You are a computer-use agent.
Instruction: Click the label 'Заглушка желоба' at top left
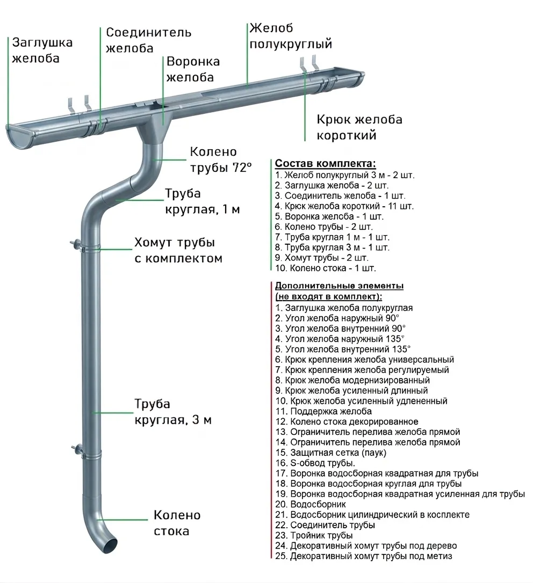[42, 50]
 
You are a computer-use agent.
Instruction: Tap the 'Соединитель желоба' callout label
[148, 40]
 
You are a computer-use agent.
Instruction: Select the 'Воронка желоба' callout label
[193, 69]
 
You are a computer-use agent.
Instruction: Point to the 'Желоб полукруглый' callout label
[290, 36]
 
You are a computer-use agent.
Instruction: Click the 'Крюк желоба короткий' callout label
[359, 127]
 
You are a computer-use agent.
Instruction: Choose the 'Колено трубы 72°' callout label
[220, 159]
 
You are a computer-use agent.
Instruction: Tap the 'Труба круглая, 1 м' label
[202, 201]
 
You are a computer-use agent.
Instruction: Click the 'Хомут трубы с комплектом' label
[177, 251]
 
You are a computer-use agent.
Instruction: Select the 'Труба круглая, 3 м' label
[172, 412]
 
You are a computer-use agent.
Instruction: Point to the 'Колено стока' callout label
[177, 523]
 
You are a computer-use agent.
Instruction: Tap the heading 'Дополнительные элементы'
[339, 286]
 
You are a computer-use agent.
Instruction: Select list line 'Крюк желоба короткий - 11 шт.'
[344, 206]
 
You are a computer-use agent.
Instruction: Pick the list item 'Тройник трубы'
[321, 535]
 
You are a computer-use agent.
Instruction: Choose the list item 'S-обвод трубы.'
[322, 463]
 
